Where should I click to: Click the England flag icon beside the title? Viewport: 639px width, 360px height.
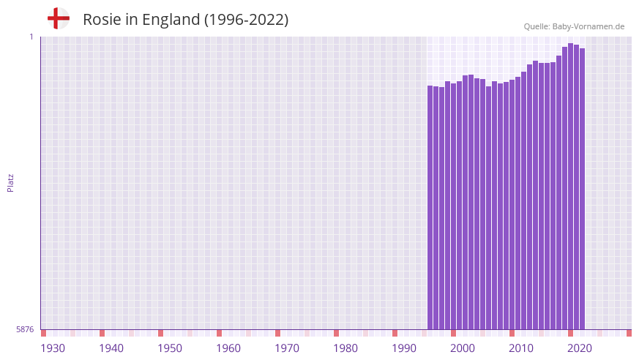[x=59, y=18]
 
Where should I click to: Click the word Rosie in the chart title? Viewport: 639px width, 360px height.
[x=101, y=20]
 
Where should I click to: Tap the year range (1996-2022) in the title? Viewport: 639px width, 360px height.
[x=246, y=20]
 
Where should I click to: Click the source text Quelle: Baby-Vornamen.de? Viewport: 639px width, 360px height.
[x=574, y=26]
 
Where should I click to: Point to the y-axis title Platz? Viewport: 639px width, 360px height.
[x=10, y=182]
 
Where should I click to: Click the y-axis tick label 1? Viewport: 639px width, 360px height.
[x=31, y=37]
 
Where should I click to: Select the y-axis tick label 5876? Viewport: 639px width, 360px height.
[x=25, y=329]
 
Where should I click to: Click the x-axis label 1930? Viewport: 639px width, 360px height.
[x=53, y=348]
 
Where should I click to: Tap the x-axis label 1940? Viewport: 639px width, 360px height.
[x=111, y=348]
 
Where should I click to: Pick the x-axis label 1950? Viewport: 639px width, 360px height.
[x=170, y=348]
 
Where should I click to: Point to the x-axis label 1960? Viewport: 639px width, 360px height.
[x=228, y=348]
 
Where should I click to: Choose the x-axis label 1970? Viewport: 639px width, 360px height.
[x=287, y=348]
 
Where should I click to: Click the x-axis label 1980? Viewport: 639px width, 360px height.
[x=345, y=348]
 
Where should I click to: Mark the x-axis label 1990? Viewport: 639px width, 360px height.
[x=404, y=348]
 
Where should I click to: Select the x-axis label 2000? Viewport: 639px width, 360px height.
[x=463, y=348]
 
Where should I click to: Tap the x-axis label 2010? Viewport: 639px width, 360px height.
[x=521, y=348]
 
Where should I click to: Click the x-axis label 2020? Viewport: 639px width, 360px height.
[x=580, y=348]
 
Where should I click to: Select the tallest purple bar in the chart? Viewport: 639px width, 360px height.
[x=570, y=187]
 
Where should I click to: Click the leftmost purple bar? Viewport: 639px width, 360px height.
[x=430, y=208]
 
